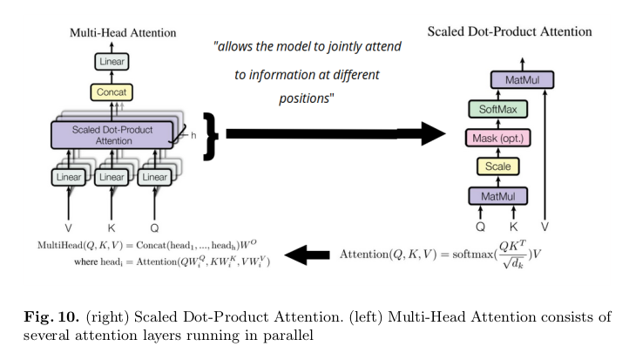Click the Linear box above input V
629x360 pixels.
(x=69, y=177)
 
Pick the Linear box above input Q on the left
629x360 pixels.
(x=154, y=177)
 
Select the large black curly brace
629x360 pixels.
(x=209, y=135)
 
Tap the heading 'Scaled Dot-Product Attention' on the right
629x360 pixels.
(x=510, y=31)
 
